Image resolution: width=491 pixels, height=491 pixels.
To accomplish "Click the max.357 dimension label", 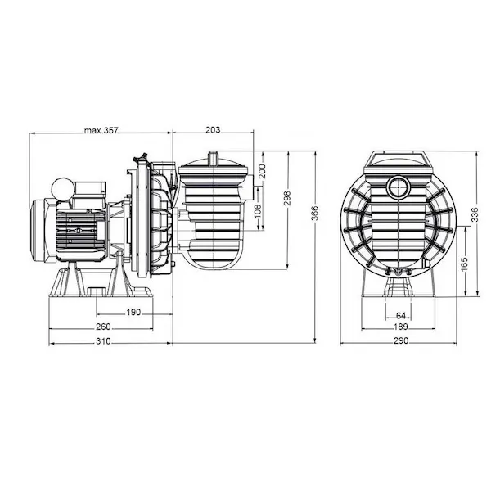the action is click(x=101, y=130).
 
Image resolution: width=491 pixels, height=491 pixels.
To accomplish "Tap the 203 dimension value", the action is click(x=213, y=129).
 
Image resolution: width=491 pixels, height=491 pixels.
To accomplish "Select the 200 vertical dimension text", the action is click(x=262, y=171).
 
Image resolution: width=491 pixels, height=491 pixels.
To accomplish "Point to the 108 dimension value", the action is click(x=257, y=212).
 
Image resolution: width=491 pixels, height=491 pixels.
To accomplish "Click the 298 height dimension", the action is click(x=287, y=198).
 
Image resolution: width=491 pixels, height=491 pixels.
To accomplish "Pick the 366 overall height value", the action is click(x=314, y=213).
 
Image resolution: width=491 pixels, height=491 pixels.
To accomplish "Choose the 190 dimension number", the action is click(x=133, y=313).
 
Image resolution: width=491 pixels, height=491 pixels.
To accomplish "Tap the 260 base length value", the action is click(x=103, y=327).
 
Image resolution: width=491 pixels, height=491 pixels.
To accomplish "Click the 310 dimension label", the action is click(x=103, y=341).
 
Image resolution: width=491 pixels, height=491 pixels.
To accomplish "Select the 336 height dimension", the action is click(x=475, y=214).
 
